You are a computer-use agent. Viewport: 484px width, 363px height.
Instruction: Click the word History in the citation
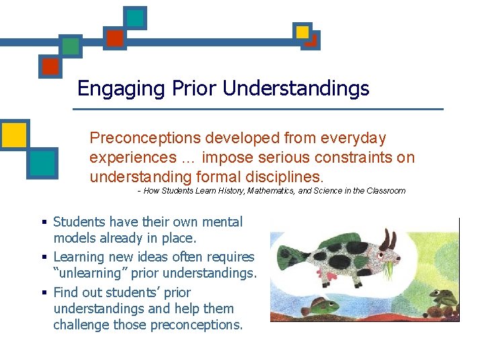click(231, 191)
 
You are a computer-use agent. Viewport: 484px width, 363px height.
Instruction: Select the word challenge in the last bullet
click(79, 325)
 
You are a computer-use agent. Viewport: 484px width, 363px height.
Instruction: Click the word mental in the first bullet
click(222, 222)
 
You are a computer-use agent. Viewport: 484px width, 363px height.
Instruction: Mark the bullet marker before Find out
click(44, 293)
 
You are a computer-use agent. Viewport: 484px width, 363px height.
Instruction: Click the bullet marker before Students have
click(44, 223)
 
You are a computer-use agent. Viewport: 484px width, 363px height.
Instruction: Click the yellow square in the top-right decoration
click(302, 32)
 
